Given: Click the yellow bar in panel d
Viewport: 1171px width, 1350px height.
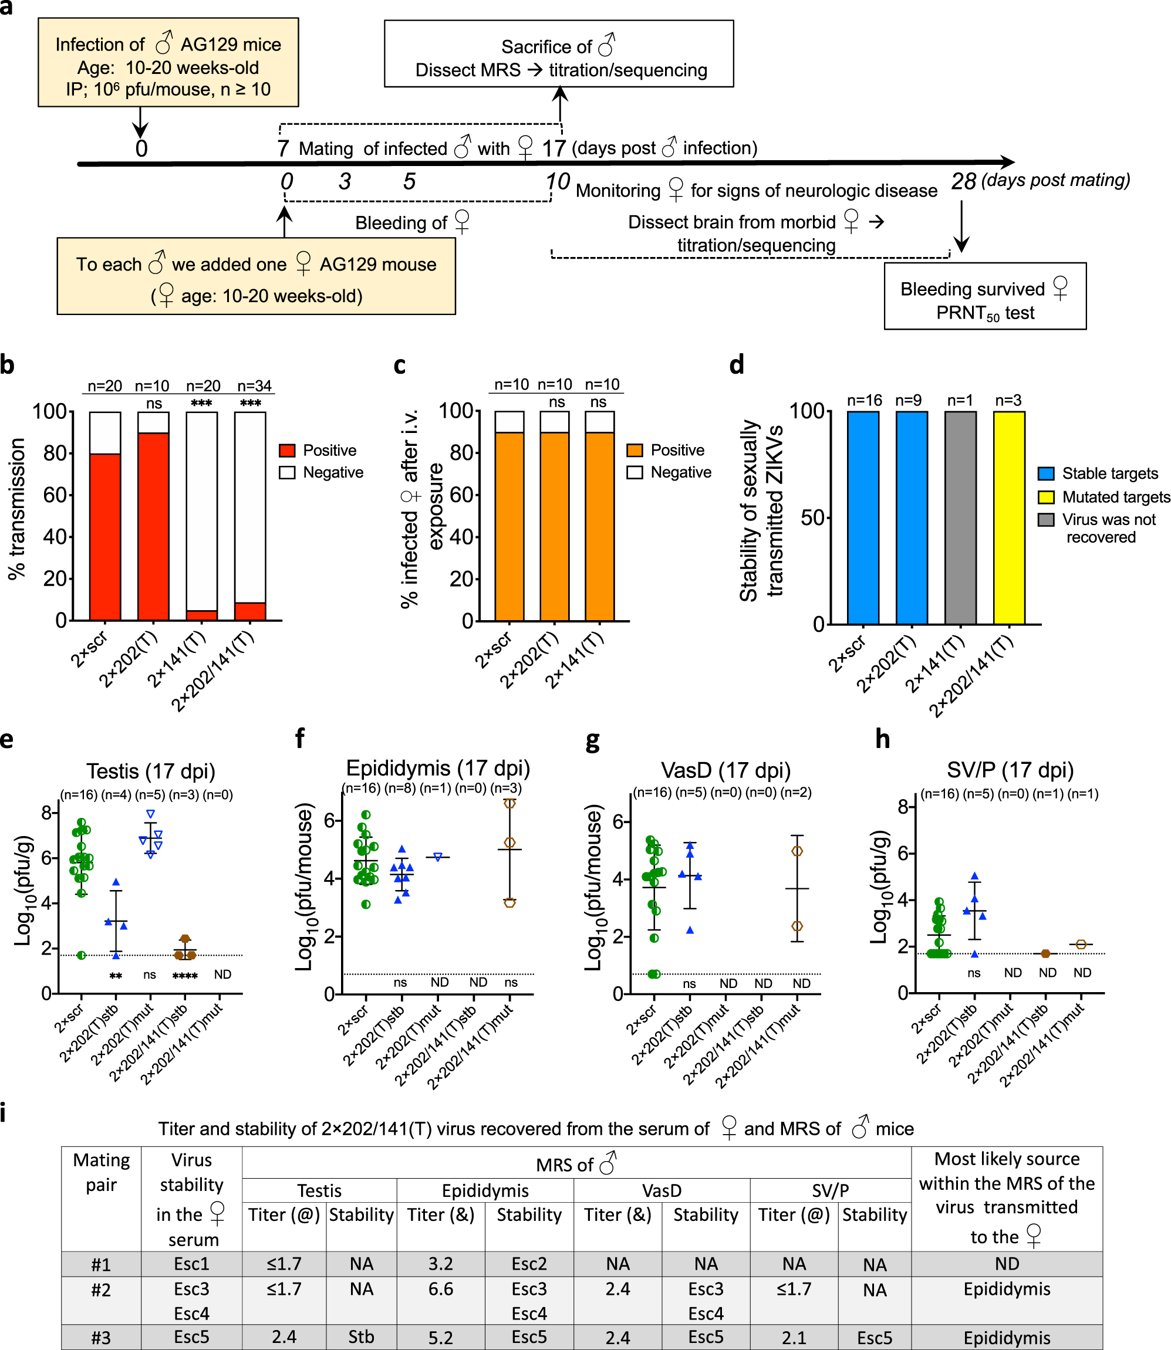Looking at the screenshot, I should (1008, 517).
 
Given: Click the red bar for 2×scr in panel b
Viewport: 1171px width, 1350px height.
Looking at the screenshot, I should (104, 536).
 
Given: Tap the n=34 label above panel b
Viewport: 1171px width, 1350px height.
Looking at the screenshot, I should (254, 386).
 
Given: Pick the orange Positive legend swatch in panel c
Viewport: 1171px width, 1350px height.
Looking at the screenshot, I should (634, 450).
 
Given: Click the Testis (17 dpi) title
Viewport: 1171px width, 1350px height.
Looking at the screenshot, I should (151, 771).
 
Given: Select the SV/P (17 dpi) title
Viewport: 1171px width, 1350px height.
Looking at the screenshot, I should (1010, 769).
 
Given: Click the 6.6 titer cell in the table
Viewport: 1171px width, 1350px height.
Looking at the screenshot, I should (440, 1289).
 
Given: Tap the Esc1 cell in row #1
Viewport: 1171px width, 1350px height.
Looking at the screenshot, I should (191, 1264).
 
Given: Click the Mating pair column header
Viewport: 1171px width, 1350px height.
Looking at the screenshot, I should (102, 1172).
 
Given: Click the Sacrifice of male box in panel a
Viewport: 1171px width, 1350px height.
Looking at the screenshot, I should (559, 53).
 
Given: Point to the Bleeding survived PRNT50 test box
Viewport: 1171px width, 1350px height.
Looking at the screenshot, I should (985, 296).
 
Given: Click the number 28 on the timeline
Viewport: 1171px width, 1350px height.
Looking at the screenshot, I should (963, 181).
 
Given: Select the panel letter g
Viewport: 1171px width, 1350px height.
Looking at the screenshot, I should (593, 740).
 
